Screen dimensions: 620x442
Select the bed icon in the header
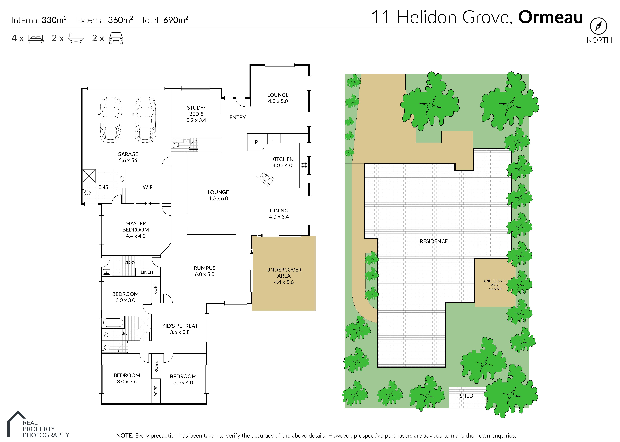point(36,39)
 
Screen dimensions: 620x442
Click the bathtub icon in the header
point(76,38)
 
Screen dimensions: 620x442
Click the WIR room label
point(148,187)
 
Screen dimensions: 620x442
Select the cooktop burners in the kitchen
point(304,165)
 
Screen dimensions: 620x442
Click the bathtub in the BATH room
point(113,322)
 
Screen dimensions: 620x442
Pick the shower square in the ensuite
point(89,176)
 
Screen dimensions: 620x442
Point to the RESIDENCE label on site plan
point(434,241)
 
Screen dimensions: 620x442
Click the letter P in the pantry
point(256,142)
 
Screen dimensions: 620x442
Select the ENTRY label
point(238,117)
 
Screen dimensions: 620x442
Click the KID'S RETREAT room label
point(180,326)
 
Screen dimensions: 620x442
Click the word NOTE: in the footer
point(124,435)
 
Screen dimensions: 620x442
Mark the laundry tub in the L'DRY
point(106,272)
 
